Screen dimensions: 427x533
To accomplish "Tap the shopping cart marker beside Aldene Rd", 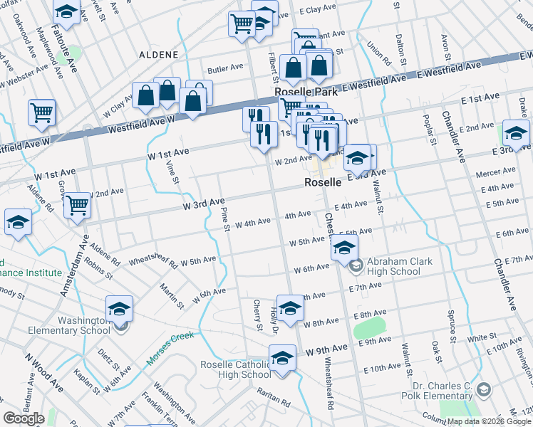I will point(42,112).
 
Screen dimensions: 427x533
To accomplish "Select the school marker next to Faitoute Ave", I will point(66,11).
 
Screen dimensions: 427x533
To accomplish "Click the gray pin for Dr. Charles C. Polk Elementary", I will point(485,389).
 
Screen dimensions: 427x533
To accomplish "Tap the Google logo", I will point(24,418).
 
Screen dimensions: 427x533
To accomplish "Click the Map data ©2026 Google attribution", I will point(490,421).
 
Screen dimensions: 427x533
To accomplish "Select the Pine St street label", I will point(225,218).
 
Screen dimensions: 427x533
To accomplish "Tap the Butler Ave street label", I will point(225,69).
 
